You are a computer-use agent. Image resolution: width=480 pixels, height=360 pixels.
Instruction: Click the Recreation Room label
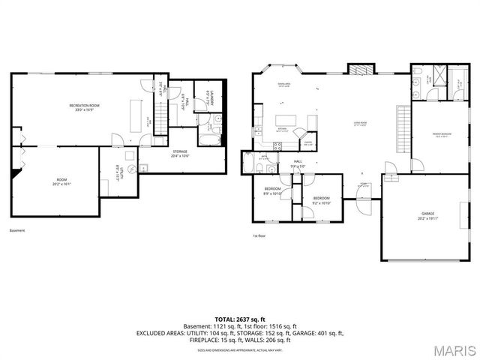click(85, 107)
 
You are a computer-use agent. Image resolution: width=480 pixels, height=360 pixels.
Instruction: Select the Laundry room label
click(211, 96)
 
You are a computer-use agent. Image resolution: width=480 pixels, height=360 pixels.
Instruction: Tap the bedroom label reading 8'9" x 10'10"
click(272, 190)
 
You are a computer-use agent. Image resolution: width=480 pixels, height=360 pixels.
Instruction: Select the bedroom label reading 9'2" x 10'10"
click(322, 200)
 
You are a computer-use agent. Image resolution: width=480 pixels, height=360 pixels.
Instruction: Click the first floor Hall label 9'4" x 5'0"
click(298, 163)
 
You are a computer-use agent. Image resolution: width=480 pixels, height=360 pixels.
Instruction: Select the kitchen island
click(286, 120)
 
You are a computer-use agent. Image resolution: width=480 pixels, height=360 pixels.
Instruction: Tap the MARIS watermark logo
click(453, 349)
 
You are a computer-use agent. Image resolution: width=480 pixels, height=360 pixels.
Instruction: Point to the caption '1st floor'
click(259, 235)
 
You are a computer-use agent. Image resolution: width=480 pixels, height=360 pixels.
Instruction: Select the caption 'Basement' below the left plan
click(17, 230)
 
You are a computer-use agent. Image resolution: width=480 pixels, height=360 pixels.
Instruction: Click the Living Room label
click(365, 123)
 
